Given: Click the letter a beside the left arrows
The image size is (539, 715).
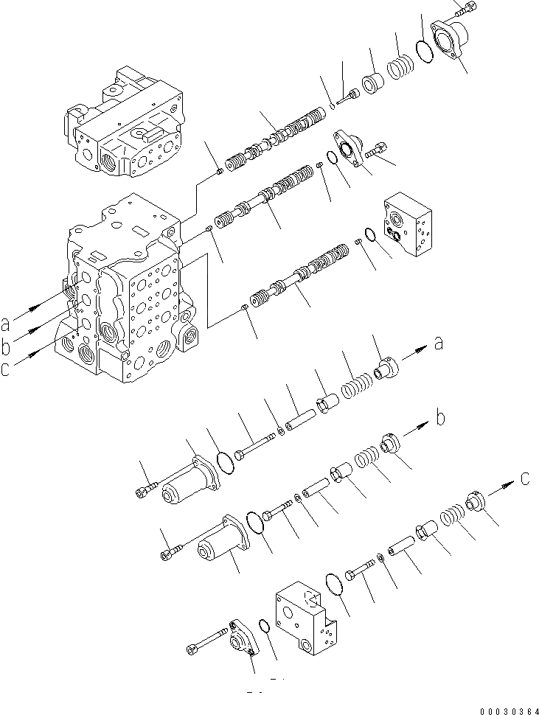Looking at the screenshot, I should pos(6,322).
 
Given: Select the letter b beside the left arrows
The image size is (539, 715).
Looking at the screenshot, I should pos(6,345).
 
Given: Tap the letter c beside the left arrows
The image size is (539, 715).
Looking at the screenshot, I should pos(6,369).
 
